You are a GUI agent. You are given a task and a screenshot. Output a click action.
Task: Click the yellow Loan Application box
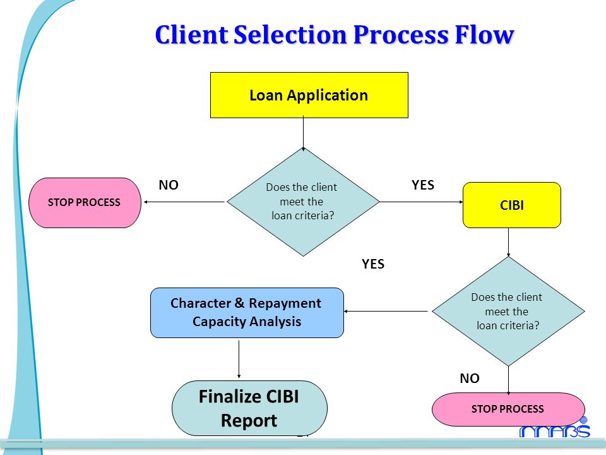point(309,95)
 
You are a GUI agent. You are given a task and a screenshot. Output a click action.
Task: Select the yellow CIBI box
point(512,205)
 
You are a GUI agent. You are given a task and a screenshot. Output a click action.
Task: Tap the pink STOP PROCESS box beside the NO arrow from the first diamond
point(85,203)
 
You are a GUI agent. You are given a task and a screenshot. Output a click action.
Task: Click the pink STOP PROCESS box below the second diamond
point(508,409)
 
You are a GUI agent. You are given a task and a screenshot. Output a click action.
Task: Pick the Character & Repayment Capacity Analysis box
point(247,313)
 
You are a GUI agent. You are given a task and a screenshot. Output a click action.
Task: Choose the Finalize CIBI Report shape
point(249,408)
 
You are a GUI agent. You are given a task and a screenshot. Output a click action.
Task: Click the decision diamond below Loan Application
point(303,202)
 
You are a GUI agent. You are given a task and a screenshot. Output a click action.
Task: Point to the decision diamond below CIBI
point(508,311)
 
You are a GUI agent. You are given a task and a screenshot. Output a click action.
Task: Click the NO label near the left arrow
point(169,185)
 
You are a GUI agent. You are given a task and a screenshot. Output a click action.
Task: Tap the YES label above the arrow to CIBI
point(423,185)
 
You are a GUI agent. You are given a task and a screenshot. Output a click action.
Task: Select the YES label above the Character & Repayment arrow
point(373,264)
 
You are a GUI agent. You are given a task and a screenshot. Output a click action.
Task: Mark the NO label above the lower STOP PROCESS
point(470,378)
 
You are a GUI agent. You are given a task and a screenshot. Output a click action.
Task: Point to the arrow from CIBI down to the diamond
point(508,243)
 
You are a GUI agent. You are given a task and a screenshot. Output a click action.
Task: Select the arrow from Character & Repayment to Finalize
point(239,359)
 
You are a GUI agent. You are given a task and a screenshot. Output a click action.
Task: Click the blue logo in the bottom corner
point(555,428)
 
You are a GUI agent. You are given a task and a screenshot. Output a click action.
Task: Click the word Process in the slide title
point(401,35)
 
